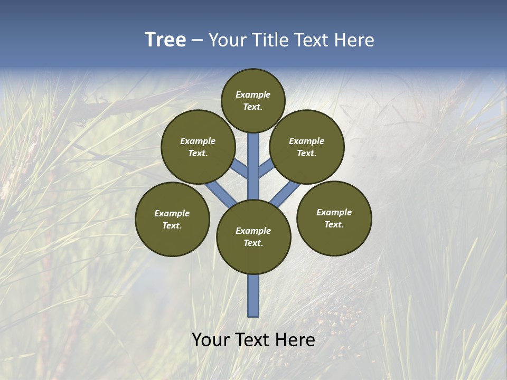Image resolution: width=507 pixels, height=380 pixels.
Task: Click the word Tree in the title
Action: click(x=165, y=40)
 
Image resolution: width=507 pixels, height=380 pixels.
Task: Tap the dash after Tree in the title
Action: click(x=197, y=41)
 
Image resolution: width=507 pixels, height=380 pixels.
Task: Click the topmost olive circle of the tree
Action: click(x=253, y=100)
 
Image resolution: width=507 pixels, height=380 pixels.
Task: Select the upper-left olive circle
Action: click(x=198, y=147)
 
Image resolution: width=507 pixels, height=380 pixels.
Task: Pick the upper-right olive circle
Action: click(x=306, y=147)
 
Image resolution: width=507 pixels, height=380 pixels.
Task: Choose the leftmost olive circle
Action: click(x=172, y=219)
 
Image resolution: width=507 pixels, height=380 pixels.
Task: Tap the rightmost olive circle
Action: click(x=334, y=218)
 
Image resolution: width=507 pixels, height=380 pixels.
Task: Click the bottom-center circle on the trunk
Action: click(x=253, y=236)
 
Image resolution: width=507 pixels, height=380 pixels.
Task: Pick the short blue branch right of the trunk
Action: click(x=266, y=168)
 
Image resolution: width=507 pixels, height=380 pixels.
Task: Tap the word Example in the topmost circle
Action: click(x=253, y=94)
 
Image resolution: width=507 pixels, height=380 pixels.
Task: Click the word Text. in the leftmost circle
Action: click(x=172, y=225)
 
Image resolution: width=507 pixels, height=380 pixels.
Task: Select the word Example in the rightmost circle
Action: click(x=334, y=212)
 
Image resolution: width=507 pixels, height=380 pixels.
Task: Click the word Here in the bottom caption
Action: click(x=296, y=340)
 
